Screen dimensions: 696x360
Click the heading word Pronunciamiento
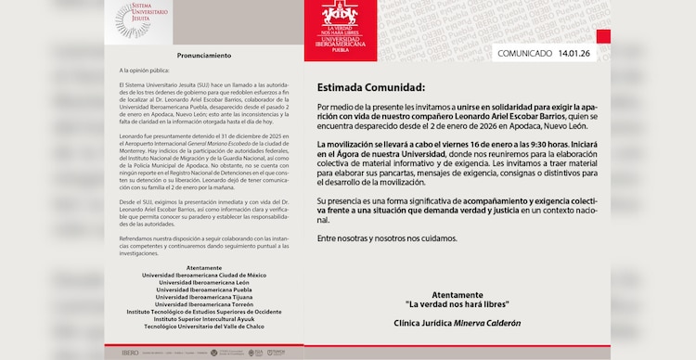[203, 56]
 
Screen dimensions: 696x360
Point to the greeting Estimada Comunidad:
[370, 88]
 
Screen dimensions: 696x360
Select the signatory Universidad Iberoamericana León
[202, 282]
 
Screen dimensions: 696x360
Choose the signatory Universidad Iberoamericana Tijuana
[202, 297]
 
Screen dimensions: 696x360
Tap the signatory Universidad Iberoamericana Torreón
[202, 304]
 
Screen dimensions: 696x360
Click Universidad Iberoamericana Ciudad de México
[202, 275]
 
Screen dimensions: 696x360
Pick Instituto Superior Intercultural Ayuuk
[202, 319]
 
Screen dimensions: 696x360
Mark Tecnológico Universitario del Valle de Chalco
[202, 327]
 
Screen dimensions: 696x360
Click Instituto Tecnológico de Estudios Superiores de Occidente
[202, 312]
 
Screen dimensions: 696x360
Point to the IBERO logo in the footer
[130, 353]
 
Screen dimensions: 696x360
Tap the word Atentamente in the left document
[202, 267]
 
